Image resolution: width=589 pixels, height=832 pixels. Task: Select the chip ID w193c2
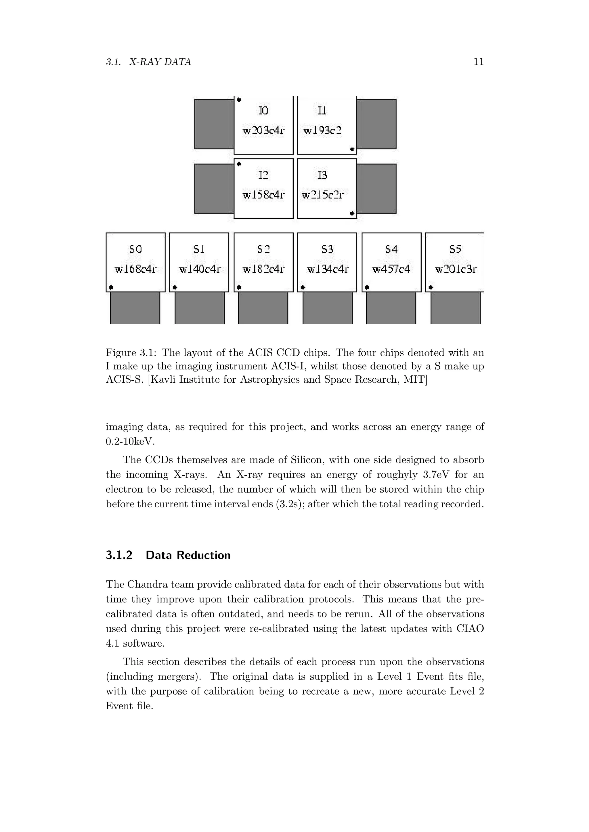pyautogui.click(x=322, y=130)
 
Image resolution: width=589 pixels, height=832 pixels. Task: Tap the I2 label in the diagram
pyautogui.click(x=263, y=175)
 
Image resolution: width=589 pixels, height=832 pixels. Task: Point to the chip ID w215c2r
pyautogui.click(x=322, y=195)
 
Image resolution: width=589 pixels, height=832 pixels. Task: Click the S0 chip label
pyautogui.click(x=136, y=249)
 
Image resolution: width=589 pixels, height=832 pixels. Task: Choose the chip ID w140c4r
pyautogui.click(x=200, y=269)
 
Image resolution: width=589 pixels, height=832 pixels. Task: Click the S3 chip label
pyautogui.click(x=328, y=249)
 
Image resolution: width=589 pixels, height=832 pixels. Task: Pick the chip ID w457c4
pyautogui.click(x=391, y=269)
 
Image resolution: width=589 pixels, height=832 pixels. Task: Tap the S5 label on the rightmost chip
pyautogui.click(x=456, y=249)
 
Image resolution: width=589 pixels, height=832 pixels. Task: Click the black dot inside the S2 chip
pyautogui.click(x=239, y=287)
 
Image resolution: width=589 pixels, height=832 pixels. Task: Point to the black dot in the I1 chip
pyautogui.click(x=352, y=149)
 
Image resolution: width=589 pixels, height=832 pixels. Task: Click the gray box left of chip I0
pyautogui.click(x=214, y=124)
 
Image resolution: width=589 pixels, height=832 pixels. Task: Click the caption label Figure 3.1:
pyautogui.click(x=132, y=353)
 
